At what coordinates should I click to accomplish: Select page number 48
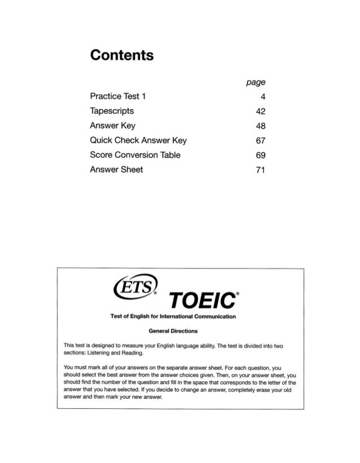tap(261, 125)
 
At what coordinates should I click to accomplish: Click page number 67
tap(261, 140)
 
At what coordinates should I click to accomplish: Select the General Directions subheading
tap(181, 329)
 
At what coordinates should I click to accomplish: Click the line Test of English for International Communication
tap(180, 318)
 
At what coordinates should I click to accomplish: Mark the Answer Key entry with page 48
tap(113, 125)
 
